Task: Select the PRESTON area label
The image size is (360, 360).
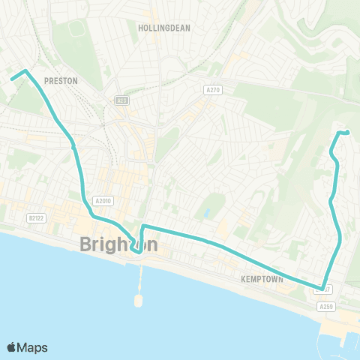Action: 61,80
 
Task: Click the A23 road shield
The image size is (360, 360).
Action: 121,100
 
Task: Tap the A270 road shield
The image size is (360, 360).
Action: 212,90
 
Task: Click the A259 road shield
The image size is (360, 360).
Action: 325,306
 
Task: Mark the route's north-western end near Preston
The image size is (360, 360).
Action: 11,77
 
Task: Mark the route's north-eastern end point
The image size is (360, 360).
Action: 348,133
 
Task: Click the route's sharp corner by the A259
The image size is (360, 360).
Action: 322,289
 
